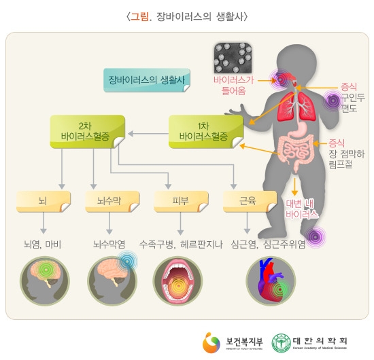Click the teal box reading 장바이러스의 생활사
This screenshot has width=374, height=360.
147,80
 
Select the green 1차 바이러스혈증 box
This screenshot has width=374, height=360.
206,132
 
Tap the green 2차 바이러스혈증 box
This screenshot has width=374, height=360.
87,132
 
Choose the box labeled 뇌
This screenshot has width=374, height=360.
44,201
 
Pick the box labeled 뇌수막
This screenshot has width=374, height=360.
112,201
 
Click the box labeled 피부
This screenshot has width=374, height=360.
181,201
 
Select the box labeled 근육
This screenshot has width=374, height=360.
250,201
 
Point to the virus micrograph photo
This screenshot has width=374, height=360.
233,58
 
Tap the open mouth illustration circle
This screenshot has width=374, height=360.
177,281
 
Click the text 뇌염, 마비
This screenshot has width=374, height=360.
42,245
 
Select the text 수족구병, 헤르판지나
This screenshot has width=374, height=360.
181,245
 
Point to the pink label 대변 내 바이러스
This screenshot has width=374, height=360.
302,209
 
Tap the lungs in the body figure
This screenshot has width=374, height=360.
296,106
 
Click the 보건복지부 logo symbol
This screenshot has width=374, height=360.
211,342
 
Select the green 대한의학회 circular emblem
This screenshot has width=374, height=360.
282,343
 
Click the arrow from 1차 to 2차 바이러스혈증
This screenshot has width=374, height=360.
148,134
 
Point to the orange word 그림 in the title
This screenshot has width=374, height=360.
139,17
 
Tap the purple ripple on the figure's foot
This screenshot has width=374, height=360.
316,237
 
